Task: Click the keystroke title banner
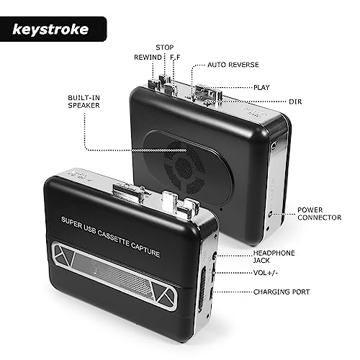coord(53,29)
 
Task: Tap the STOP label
coord(165,48)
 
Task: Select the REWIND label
coord(148,58)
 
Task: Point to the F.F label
coord(175,58)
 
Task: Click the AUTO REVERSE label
coord(233,65)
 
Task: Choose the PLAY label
coord(261,87)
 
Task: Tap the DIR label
coord(295,102)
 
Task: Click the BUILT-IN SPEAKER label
coord(84,102)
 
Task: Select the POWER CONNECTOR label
coord(320,214)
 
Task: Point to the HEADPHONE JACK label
coord(274,256)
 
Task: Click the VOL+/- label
coord(266,273)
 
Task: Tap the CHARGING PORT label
coord(282,292)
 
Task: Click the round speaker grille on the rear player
coord(184,166)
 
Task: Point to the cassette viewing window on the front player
coord(114,276)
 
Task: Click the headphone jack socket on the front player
coord(215,256)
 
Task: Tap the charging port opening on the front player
coord(211,294)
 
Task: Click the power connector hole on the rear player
coord(270,214)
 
